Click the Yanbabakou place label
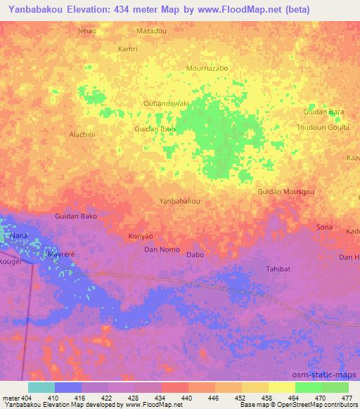[x=181, y=201]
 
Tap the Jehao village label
[x=87, y=32]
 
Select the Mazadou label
[x=151, y=32]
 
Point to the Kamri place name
[x=128, y=49]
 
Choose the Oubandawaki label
[x=167, y=103]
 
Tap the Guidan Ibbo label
[x=155, y=129]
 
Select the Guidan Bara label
[x=323, y=112]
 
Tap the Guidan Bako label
[x=76, y=216]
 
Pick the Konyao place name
[x=141, y=237]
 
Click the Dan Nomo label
[x=162, y=249]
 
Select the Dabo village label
[x=195, y=254]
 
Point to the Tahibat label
[x=278, y=269]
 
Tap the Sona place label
[x=324, y=227]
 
